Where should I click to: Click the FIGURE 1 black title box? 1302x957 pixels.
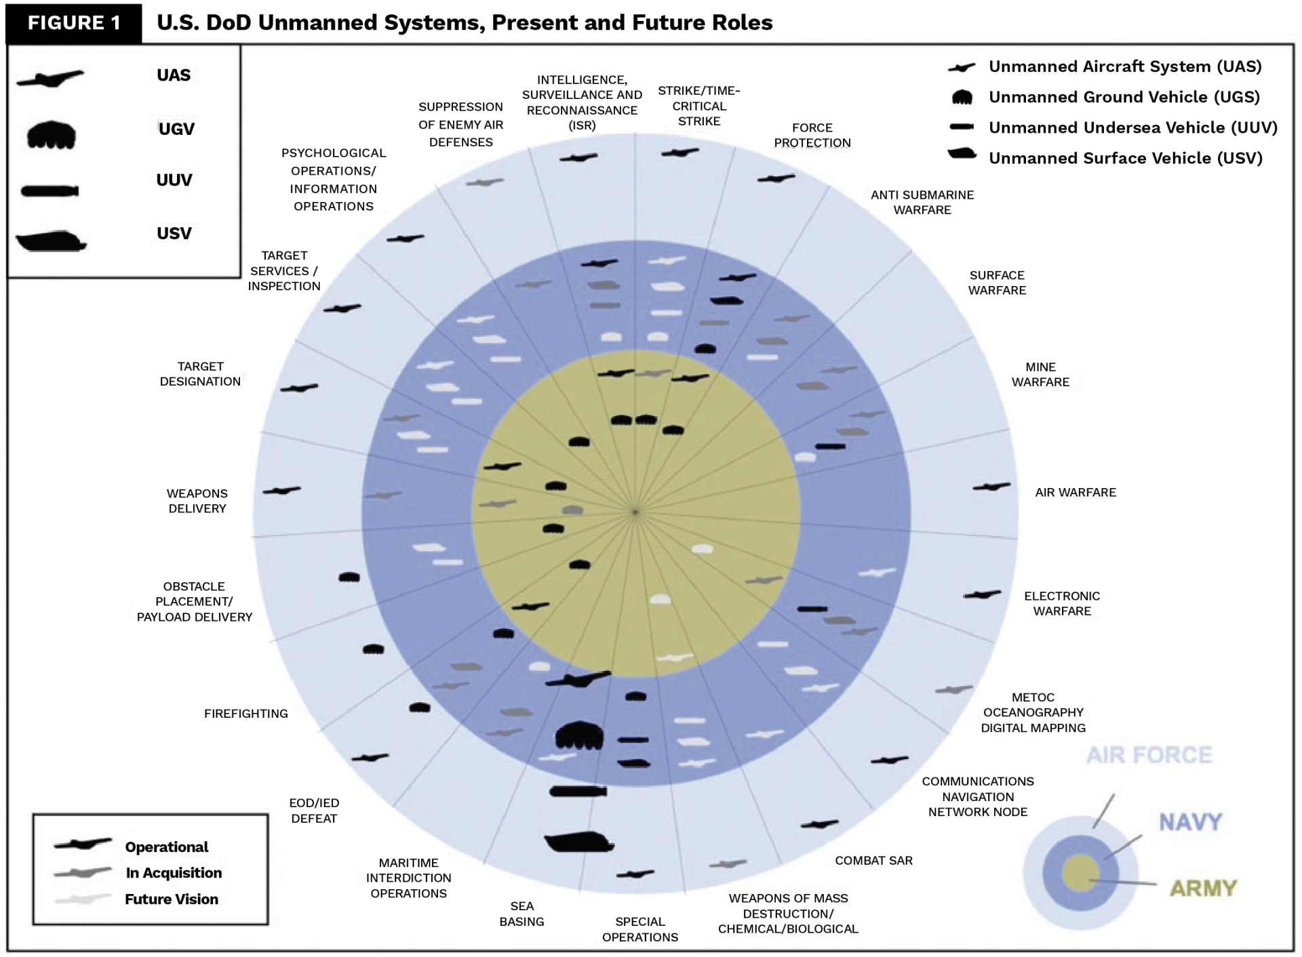tap(74, 23)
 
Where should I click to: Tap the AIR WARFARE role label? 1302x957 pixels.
tap(1075, 493)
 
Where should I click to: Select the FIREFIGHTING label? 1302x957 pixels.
tap(245, 714)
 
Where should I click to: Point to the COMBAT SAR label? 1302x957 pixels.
tap(873, 861)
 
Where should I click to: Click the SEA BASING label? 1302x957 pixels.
tap(521, 914)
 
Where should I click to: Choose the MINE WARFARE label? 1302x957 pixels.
tap(1040, 375)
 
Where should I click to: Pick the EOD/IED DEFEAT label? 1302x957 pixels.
tap(314, 811)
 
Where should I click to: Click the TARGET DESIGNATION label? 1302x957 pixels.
tap(200, 374)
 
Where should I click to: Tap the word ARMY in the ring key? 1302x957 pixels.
tap(1203, 888)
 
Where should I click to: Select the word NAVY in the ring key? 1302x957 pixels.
tap(1190, 822)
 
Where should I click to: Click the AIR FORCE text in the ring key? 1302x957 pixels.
tap(1149, 755)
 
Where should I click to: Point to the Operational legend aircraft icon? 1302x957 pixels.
tap(83, 844)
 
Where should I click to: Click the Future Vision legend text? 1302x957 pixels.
tap(172, 899)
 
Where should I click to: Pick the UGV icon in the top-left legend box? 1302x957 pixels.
tap(51, 134)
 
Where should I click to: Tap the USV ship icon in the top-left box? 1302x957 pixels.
tap(51, 241)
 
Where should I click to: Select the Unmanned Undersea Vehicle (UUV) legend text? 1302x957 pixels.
tap(1132, 128)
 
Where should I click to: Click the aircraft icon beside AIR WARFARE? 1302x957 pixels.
tap(991, 487)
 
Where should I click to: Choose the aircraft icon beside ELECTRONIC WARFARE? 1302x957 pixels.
tap(982, 595)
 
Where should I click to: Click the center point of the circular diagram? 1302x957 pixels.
tap(635, 512)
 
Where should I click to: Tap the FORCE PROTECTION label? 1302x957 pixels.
tap(812, 136)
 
